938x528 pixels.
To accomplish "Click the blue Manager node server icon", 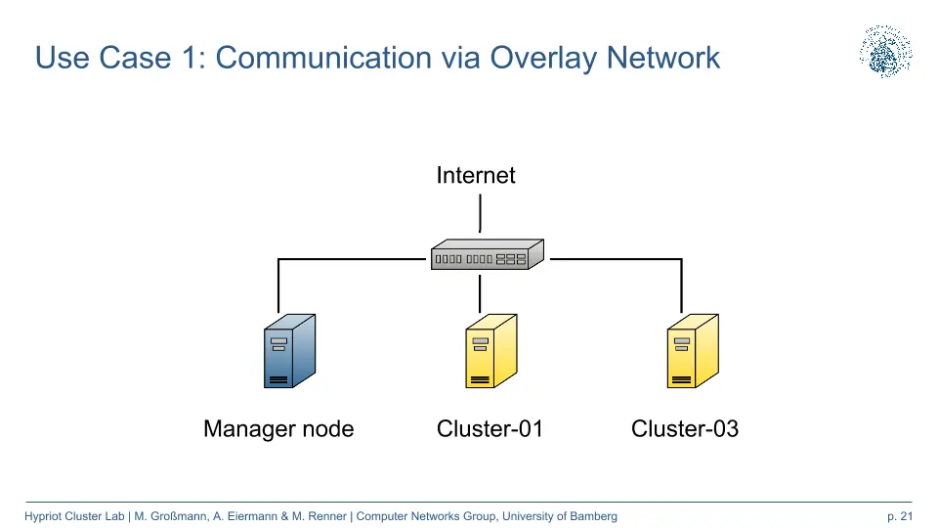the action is [x=289, y=351].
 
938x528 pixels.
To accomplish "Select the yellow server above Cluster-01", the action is [x=491, y=351].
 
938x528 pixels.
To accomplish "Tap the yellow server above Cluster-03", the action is [x=693, y=351].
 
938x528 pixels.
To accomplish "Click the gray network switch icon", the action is [x=488, y=254].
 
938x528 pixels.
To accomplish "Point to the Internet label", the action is [x=476, y=175].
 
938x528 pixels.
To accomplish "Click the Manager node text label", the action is [x=278, y=429].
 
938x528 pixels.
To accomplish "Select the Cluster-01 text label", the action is [x=490, y=428].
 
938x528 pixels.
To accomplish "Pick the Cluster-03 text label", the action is [x=685, y=428].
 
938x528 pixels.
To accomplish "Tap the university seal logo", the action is [x=886, y=52].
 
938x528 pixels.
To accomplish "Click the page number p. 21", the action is [x=900, y=516].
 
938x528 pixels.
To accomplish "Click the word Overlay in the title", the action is [x=543, y=58].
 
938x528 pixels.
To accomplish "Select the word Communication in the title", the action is [x=323, y=58].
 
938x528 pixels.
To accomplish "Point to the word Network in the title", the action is [x=662, y=58].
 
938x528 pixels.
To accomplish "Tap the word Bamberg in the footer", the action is [x=593, y=516].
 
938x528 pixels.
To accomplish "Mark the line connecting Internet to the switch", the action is [x=480, y=213].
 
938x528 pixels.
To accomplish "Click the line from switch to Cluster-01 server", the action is [x=480, y=294].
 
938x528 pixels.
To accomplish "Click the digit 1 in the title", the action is [x=190, y=58].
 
